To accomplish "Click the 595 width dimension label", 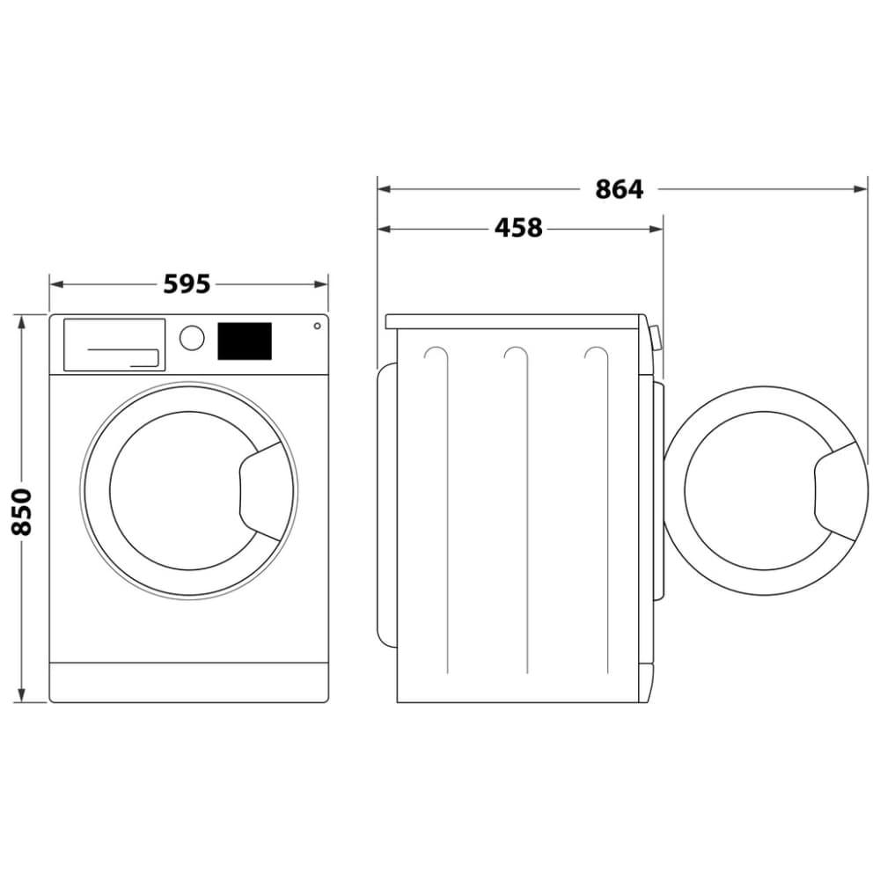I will tap(187, 284).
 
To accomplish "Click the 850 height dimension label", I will tap(21, 510).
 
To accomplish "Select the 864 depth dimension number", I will tap(620, 188).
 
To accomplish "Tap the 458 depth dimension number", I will tap(518, 228).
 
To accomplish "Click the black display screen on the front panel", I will tap(244, 341).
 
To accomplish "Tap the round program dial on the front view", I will tap(192, 338).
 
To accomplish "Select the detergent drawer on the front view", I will tap(114, 344).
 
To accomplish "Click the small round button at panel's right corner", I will tap(316, 326).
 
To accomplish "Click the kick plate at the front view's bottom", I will tap(188, 682).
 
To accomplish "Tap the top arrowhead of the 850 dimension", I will tap(21, 319).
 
